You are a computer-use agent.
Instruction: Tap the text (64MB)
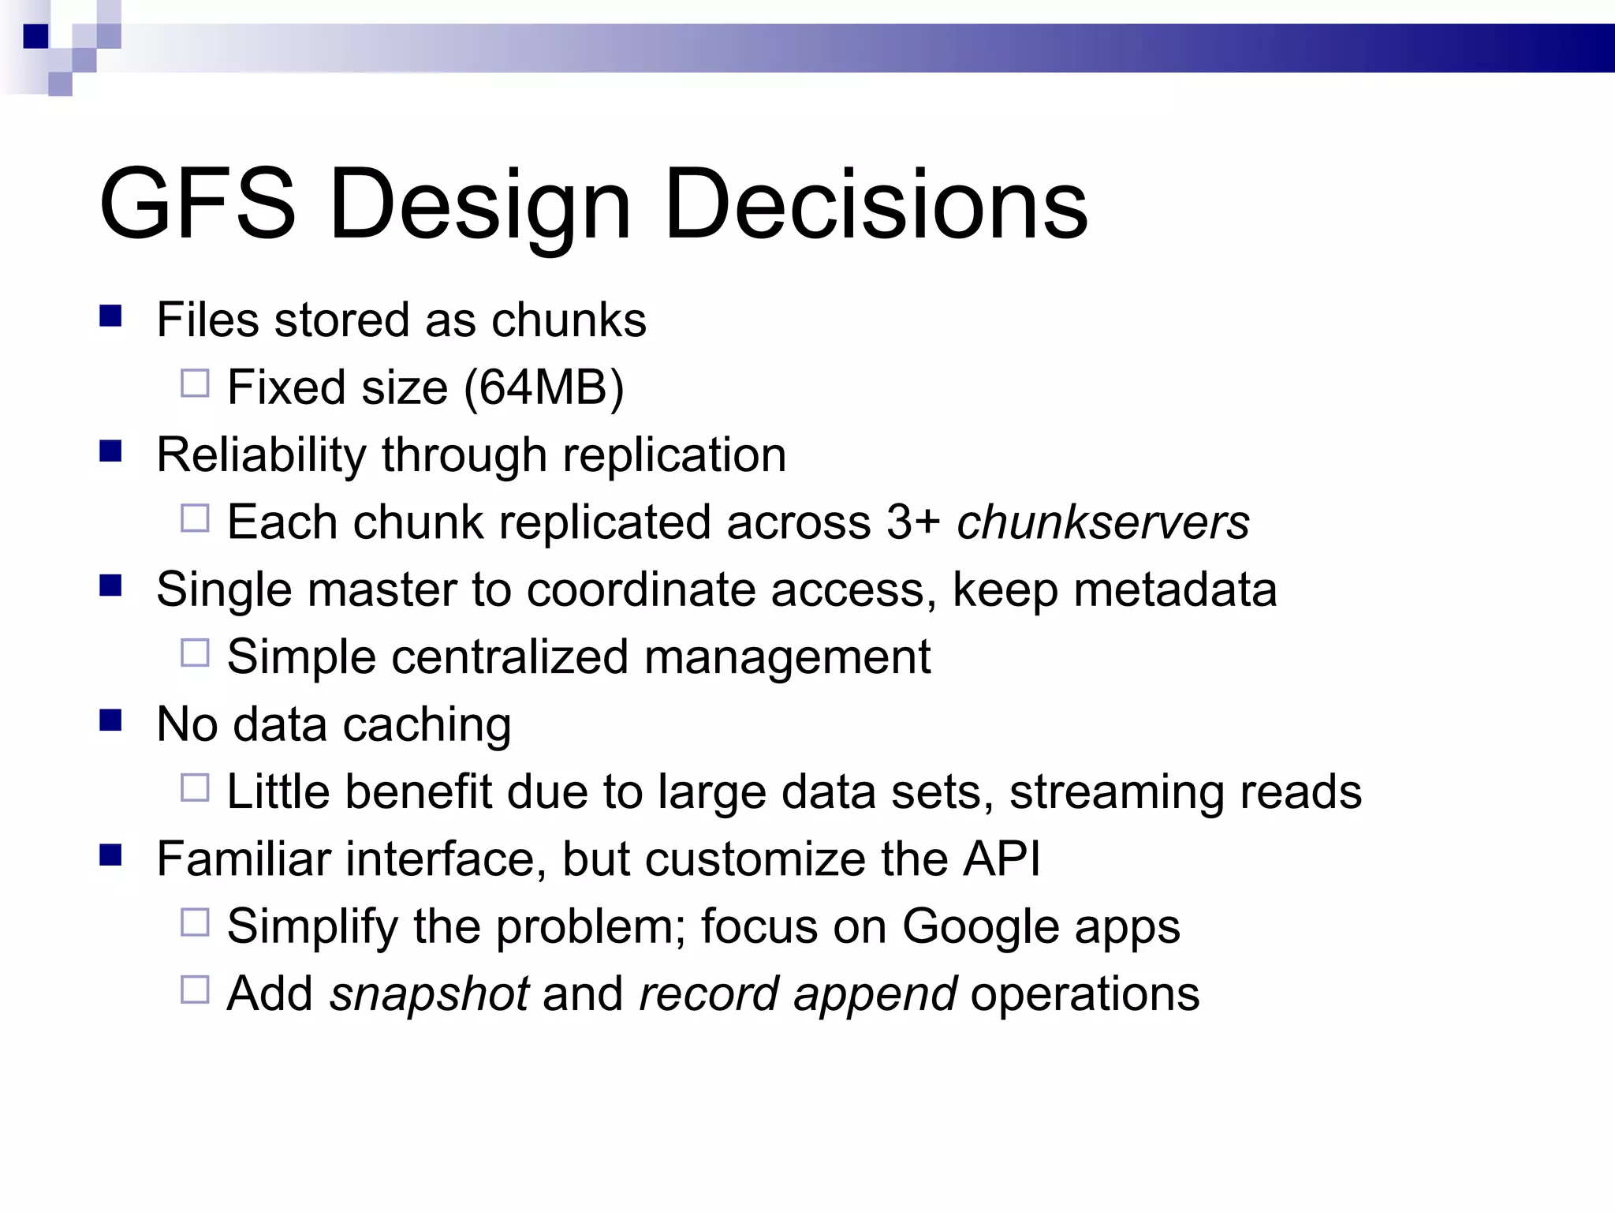544,387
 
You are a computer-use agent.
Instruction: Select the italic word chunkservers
1103,522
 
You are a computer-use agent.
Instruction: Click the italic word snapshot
429,993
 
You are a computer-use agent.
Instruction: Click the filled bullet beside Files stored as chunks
110,316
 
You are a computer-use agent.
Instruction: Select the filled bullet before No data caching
110,720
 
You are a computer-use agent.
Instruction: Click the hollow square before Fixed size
195,383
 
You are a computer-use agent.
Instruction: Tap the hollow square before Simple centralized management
195,653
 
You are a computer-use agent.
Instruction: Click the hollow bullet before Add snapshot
195,989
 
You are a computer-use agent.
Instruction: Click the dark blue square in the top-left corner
35,36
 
